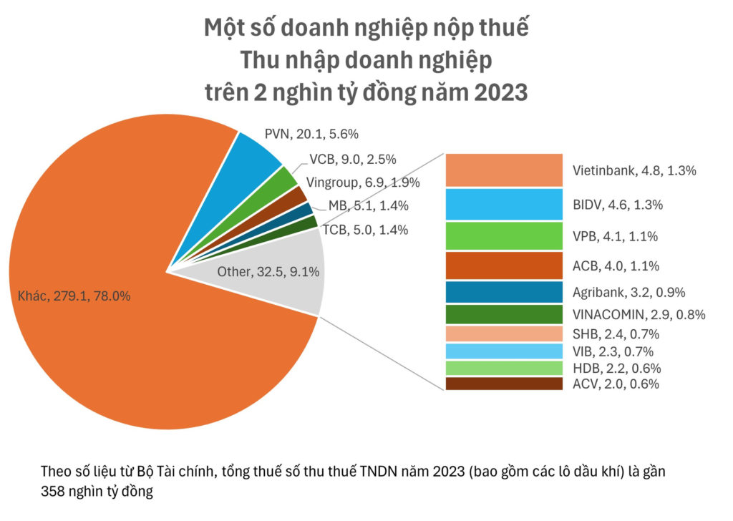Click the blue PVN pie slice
pyautogui.click(x=255, y=161)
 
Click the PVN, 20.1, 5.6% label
pyautogui.click(x=311, y=134)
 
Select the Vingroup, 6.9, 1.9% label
pyautogui.click(x=362, y=182)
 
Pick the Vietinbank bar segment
pyautogui.click(x=503, y=170)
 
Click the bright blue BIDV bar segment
pyautogui.click(x=503, y=204)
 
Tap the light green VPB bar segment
pyautogui.click(x=503, y=235)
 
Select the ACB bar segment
pyautogui.click(x=503, y=266)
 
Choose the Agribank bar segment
pyautogui.click(x=503, y=292)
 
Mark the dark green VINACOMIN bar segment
pyautogui.click(x=503, y=314)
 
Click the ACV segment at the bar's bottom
pyautogui.click(x=503, y=384)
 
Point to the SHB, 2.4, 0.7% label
pyautogui.click(x=616, y=334)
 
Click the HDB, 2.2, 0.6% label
pyautogui.click(x=616, y=369)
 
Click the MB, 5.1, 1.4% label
pyautogui.click(x=369, y=206)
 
